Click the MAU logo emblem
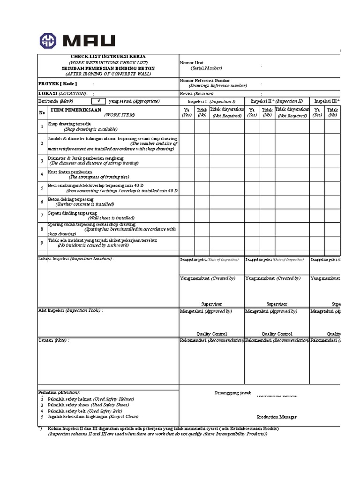click(x=48, y=40)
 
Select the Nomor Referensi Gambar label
click(x=205, y=81)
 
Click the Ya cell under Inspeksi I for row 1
click(x=187, y=127)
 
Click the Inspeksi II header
click(x=277, y=101)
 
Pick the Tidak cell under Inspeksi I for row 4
click(x=202, y=174)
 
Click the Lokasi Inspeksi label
click(x=75, y=259)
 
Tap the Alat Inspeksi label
click(x=70, y=310)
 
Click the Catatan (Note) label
click(x=53, y=340)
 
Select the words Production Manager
click(x=277, y=417)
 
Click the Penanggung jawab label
click(x=233, y=392)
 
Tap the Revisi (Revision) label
click(x=196, y=93)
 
